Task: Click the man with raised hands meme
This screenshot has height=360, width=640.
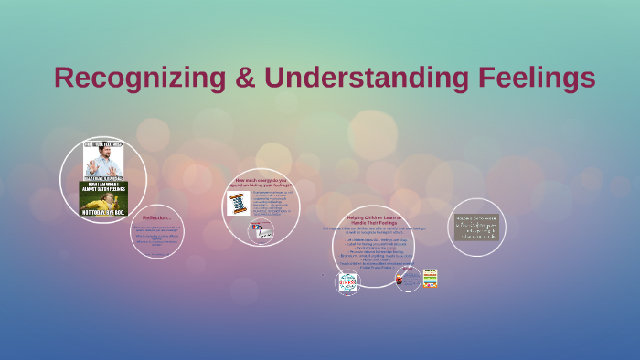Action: pos(104,160)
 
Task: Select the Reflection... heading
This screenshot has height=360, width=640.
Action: pos(157,217)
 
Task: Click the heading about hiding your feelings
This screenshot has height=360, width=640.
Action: pos(261,183)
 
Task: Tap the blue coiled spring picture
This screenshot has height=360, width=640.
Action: pos(237,203)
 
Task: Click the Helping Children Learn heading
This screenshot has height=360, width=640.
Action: pos(374,220)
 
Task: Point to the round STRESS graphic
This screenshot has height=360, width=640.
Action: pos(347,282)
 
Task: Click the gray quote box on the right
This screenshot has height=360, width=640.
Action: pos(477,227)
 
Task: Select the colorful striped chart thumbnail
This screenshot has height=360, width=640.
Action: pos(430,278)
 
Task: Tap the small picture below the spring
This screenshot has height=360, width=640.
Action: pos(260,232)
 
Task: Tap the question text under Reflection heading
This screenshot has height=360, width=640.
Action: pos(157,238)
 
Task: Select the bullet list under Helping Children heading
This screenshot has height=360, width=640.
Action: pos(373,253)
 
